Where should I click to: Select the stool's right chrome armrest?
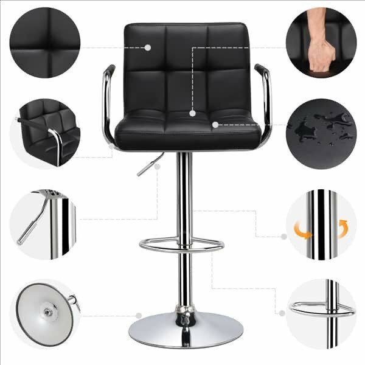pos(265,97)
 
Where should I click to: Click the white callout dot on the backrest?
pos(148,46)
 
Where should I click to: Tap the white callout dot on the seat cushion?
pos(215,125)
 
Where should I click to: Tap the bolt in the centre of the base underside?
pos(46,311)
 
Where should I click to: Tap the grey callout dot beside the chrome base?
pos(139,316)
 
